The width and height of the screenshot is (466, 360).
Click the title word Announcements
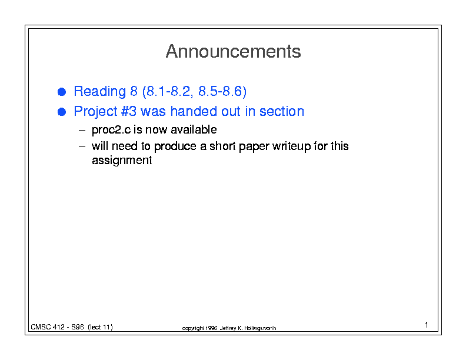[234, 51]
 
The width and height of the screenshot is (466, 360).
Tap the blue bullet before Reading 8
[62, 92]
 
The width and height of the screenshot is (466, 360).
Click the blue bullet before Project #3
[62, 112]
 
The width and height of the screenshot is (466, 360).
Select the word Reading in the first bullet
[100, 92]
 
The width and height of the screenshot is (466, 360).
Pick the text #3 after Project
[129, 111]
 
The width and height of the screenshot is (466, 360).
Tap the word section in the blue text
[282, 111]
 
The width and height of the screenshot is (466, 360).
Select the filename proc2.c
[111, 130]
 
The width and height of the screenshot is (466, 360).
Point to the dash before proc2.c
[82, 131]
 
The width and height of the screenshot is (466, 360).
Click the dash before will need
[82, 146]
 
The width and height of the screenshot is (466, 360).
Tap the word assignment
[122, 161]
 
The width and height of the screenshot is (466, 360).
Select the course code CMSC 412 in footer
[48, 327]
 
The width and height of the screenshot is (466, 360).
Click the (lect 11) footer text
[100, 327]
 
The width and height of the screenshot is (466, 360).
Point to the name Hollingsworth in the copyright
[260, 328]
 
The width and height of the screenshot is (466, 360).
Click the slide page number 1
[427, 325]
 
